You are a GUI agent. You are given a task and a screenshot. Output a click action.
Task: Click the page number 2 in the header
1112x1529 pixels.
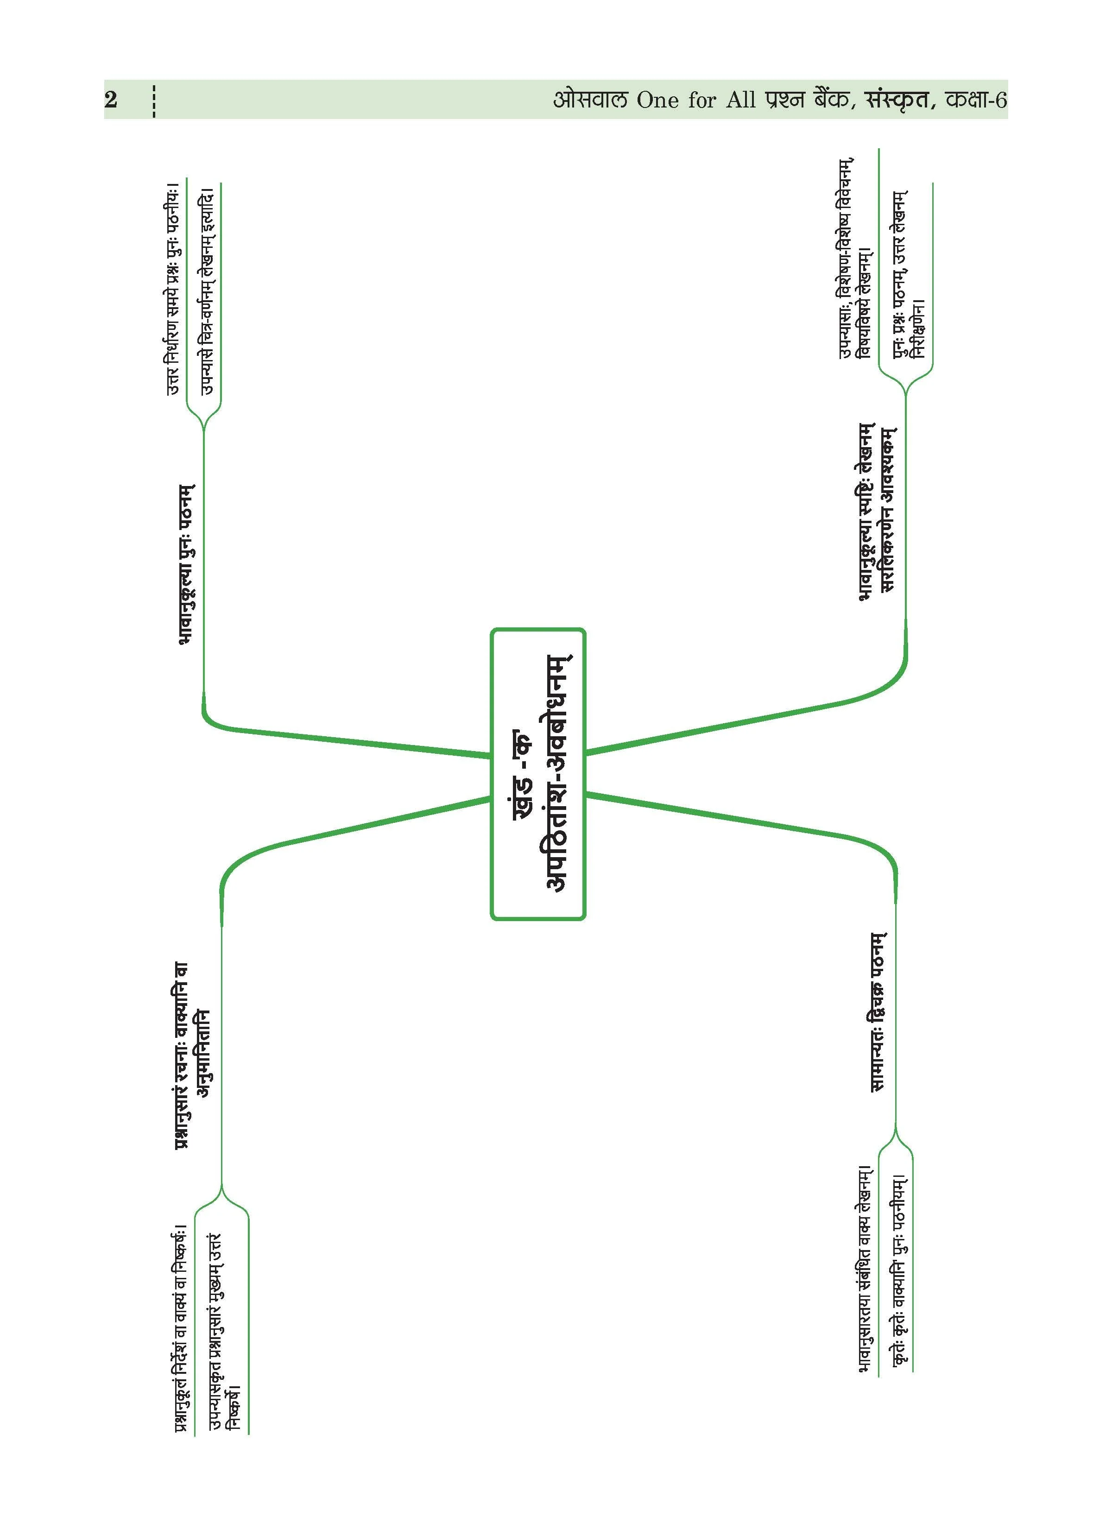click(111, 100)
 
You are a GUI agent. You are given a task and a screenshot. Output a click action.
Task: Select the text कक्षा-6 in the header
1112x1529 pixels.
click(976, 100)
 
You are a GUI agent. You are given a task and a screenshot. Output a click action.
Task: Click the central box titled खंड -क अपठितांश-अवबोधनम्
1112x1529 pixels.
click(537, 774)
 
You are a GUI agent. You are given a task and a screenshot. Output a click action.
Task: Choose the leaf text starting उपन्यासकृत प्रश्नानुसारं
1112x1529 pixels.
click(224, 1348)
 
